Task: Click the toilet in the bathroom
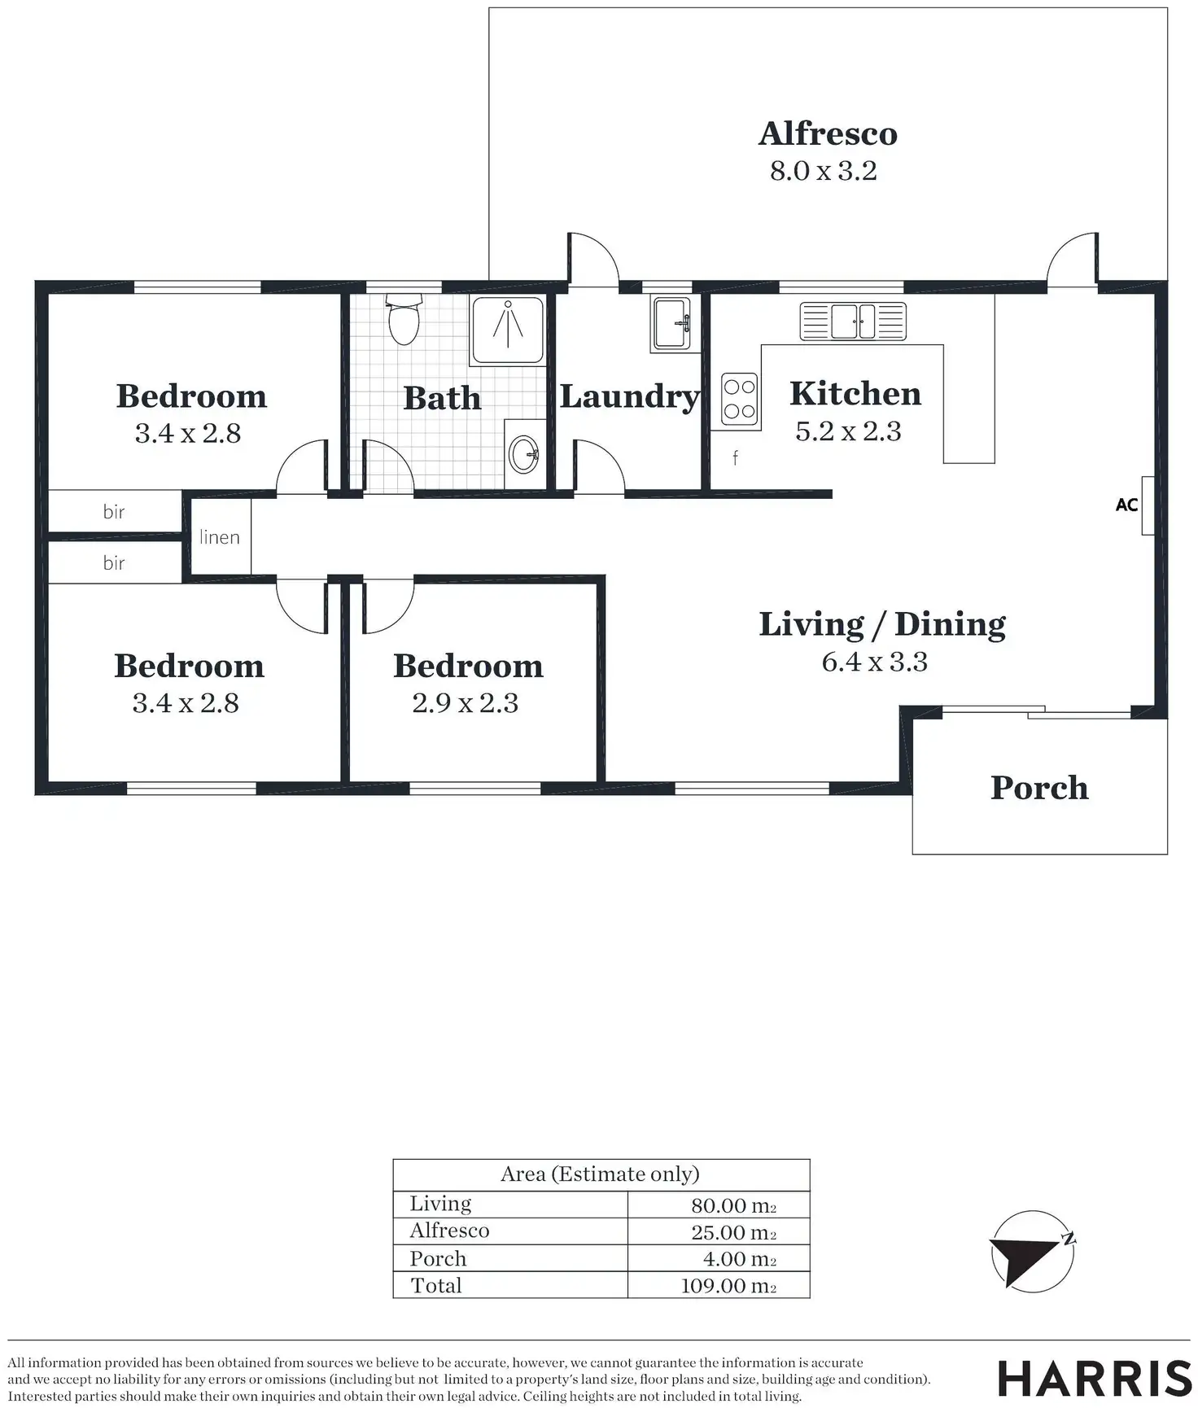404,320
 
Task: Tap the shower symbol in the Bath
508,330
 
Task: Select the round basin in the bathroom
522,453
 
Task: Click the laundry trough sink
671,323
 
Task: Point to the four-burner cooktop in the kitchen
739,400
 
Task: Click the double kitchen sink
852,321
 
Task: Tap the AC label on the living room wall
1126,505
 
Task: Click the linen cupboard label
220,537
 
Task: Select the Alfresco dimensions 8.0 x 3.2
824,172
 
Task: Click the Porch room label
1039,788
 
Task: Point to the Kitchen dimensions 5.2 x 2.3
848,431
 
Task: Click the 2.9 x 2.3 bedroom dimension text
465,703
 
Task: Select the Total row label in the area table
436,1286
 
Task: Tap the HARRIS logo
1095,1379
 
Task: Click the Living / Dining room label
882,625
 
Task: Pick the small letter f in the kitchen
735,458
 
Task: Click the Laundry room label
629,397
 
